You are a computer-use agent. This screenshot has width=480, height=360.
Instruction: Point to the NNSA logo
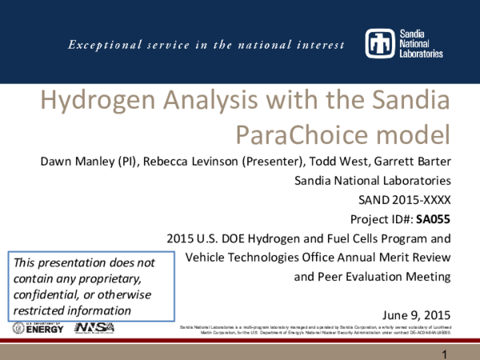[94, 328]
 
